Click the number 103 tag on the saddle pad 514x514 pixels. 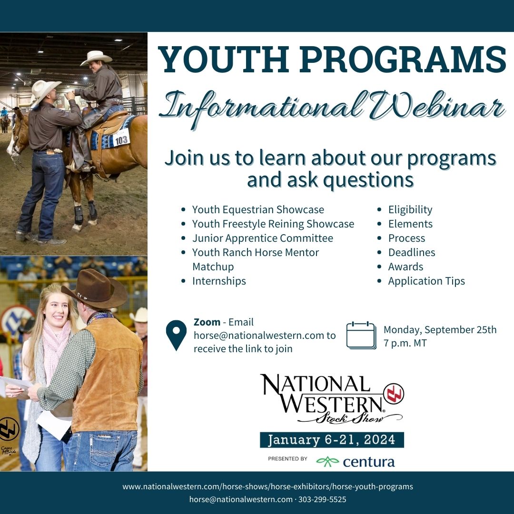coord(121,139)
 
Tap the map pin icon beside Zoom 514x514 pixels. coord(176,335)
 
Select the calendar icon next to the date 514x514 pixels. coord(361,335)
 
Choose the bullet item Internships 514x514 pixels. coord(219,281)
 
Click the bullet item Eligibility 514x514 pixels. coord(410,209)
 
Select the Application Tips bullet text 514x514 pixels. coord(426,281)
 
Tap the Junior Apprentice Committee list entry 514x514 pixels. coord(263,238)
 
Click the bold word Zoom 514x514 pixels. coord(207,322)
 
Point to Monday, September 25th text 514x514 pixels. coord(440,329)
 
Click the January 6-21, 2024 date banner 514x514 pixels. coord(332,440)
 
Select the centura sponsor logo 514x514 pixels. coord(356,461)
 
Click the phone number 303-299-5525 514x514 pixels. coord(322,499)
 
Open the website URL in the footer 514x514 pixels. coord(268,486)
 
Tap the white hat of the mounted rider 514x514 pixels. coord(96,58)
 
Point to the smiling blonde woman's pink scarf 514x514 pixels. coord(54,344)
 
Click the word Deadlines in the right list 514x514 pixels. coord(412,252)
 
